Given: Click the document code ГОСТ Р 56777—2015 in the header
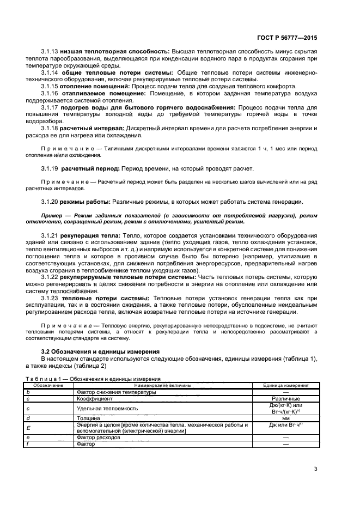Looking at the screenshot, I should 288,38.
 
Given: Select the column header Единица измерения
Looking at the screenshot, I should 285,385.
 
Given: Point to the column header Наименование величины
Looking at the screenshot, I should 160,385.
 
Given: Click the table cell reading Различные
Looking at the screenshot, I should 286,398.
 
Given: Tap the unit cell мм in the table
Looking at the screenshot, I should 286,418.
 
